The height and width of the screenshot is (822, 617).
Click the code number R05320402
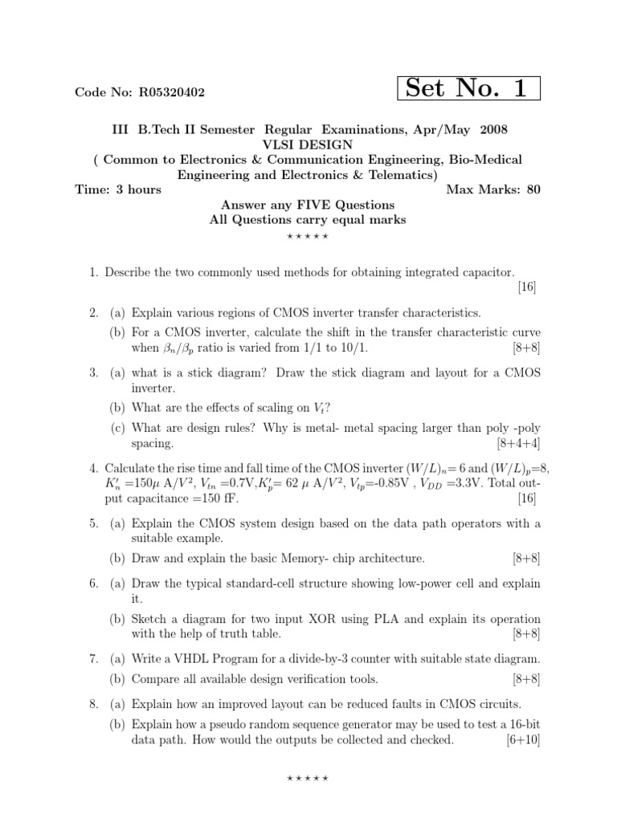pyautogui.click(x=172, y=92)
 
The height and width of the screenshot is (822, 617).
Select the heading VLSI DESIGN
pyautogui.click(x=308, y=144)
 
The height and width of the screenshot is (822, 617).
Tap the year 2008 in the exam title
pyautogui.click(x=494, y=129)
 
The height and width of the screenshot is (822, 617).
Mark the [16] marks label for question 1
pyautogui.click(x=527, y=288)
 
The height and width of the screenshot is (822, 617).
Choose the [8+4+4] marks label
pyautogui.click(x=518, y=443)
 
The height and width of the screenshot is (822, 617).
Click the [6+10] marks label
pyautogui.click(x=523, y=740)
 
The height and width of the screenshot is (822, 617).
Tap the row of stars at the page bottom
pyautogui.click(x=308, y=779)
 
